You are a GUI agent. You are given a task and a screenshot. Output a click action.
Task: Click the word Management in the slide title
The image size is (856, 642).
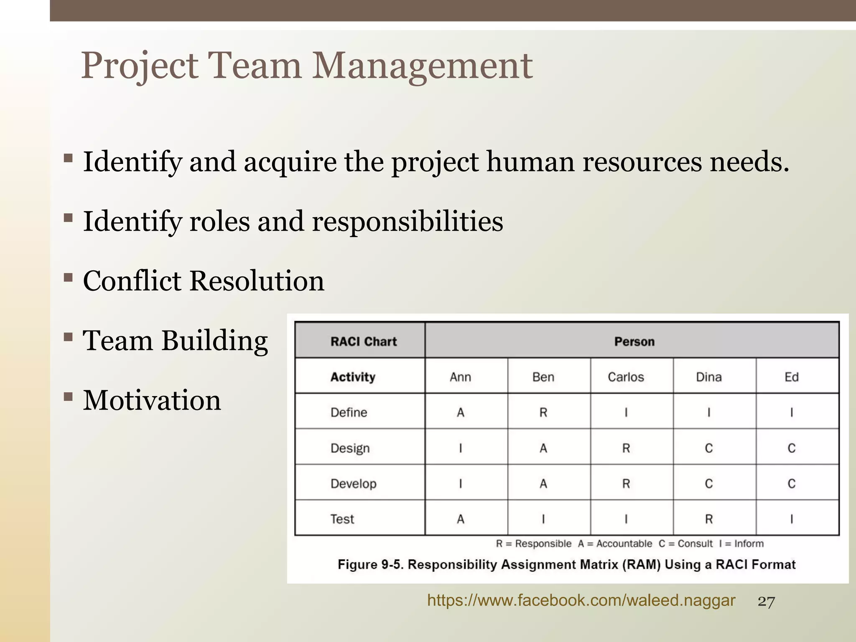point(422,66)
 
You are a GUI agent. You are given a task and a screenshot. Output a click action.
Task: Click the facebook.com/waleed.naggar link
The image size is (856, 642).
point(581,601)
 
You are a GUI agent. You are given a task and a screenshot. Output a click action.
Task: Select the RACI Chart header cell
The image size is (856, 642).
point(363,341)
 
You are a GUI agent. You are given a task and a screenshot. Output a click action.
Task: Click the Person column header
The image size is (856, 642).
point(634,341)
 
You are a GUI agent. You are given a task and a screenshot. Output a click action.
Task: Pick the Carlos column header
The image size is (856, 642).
point(626,377)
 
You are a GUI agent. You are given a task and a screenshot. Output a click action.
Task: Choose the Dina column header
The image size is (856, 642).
point(708,377)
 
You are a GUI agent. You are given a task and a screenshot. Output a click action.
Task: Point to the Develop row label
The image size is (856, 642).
point(353,484)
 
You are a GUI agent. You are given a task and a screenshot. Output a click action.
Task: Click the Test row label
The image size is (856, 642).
point(342,519)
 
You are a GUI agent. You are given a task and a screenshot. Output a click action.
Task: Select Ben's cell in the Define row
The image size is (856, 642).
point(543,413)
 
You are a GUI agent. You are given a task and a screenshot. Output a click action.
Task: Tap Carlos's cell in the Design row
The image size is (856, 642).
point(626,448)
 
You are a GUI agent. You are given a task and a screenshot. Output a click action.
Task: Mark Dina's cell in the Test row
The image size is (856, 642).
point(708,519)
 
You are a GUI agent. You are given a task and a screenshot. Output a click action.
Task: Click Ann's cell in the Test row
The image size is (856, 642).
point(460,519)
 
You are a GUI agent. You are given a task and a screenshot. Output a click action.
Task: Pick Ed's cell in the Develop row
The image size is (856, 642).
point(791,484)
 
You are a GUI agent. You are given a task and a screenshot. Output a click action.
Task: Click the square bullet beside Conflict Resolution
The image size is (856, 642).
point(68,277)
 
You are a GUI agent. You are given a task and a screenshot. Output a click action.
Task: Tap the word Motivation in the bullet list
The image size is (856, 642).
point(152,400)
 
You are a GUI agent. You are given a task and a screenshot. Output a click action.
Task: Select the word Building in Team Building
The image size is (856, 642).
point(214,341)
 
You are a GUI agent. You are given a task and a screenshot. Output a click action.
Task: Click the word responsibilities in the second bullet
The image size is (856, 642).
point(408,222)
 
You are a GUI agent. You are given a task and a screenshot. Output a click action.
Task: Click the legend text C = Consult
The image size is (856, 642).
point(685,544)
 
